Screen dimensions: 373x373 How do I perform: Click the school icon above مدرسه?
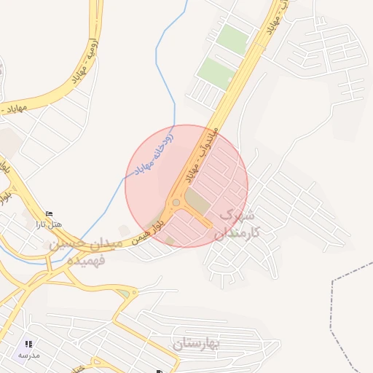(x=28, y=344)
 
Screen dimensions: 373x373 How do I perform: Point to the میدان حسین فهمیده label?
(x=77, y=252)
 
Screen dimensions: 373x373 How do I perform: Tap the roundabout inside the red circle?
(x=176, y=203)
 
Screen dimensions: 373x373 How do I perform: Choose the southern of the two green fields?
(x=216, y=72)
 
